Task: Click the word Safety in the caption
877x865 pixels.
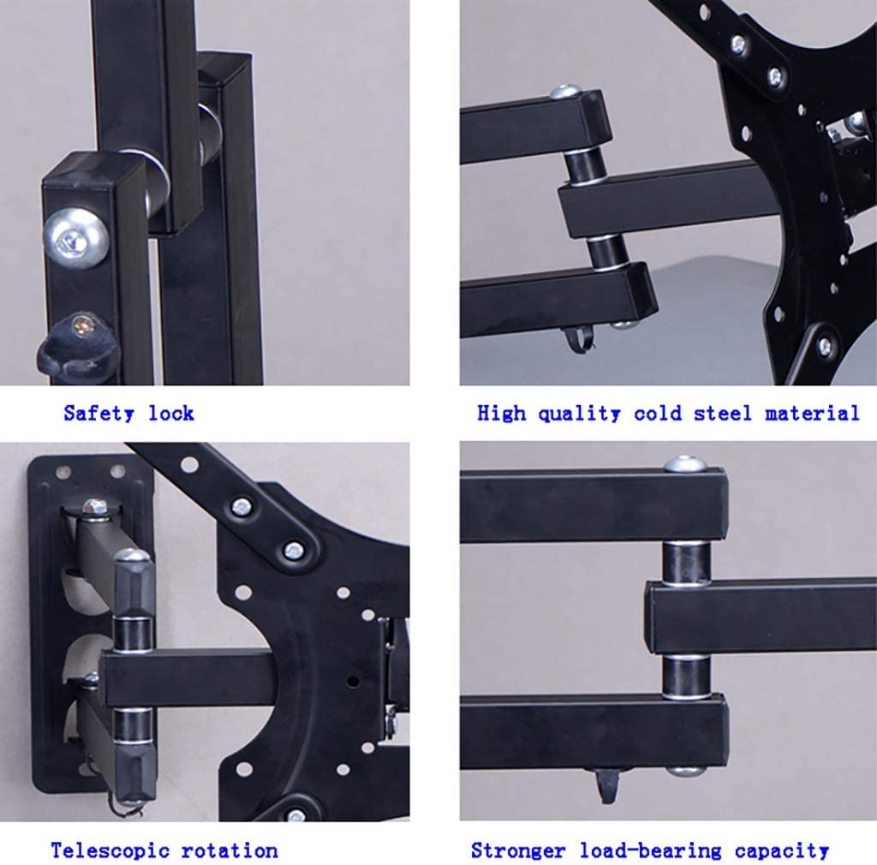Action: pyautogui.click(x=99, y=414)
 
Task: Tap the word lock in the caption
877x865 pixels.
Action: pyautogui.click(x=171, y=413)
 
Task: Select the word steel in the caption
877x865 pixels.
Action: pyautogui.click(x=723, y=413)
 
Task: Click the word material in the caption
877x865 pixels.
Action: pyautogui.click(x=812, y=413)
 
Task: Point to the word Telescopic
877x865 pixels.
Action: pyautogui.click(x=110, y=850)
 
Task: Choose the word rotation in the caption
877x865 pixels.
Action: pyautogui.click(x=230, y=850)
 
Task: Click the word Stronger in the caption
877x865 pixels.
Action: pyautogui.click(x=518, y=850)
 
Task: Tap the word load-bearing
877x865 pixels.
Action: pyautogui.click(x=650, y=851)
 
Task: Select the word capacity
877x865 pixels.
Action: pyautogui.click(x=781, y=851)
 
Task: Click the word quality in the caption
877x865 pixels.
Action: pyautogui.click(x=579, y=414)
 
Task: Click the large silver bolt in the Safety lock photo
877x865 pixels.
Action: pyautogui.click(x=75, y=238)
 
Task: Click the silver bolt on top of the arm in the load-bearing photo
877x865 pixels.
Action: pyautogui.click(x=684, y=464)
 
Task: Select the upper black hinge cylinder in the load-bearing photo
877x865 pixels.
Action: pyautogui.click(x=686, y=563)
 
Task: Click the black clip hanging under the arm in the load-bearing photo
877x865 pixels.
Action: pyautogui.click(x=608, y=784)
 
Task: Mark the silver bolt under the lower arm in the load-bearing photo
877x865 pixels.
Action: pyautogui.click(x=686, y=771)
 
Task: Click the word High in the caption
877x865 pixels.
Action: pyautogui.click(x=502, y=413)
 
